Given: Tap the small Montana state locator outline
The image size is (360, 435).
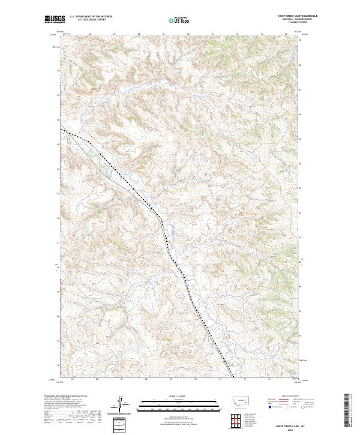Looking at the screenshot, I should (x=236, y=399).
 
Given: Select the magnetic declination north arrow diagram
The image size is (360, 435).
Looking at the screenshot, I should (x=122, y=405).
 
